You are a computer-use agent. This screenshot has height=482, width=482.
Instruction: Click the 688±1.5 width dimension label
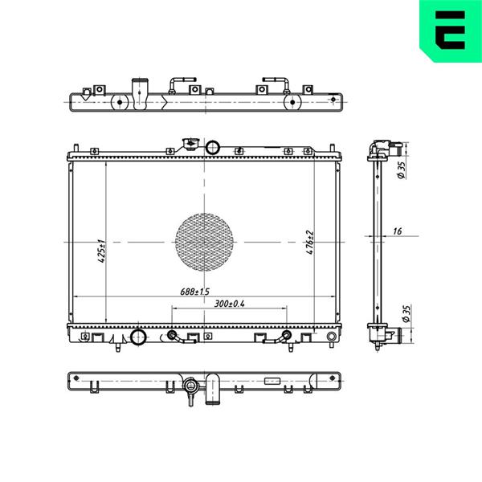click(194, 292)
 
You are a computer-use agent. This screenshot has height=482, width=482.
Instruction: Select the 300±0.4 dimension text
click(229, 304)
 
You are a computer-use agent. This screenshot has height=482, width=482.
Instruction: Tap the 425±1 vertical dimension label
click(102, 251)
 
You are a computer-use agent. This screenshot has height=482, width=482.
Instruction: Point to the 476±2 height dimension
click(310, 243)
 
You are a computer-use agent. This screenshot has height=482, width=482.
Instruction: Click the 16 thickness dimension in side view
click(397, 231)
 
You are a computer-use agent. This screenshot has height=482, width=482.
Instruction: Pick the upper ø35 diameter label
click(402, 170)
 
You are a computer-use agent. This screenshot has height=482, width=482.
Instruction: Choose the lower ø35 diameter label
click(406, 314)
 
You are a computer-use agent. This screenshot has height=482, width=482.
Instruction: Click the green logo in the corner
click(451, 31)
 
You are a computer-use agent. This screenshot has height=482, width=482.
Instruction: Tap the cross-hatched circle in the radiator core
click(204, 243)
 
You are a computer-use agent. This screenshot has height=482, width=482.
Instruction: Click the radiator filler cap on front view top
click(190, 144)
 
